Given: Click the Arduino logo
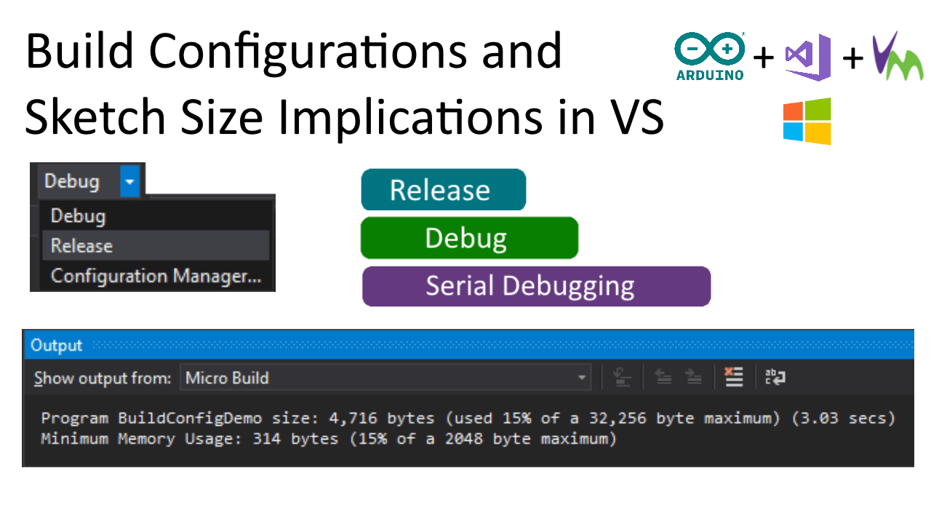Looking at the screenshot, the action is point(710,56).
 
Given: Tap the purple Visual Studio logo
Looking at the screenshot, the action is point(807,57).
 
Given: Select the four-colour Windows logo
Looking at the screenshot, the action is point(807,121).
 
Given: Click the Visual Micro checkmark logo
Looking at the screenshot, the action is point(898,56).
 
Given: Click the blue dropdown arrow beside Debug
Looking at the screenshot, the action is point(129,181).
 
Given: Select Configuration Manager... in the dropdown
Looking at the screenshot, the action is point(156,276).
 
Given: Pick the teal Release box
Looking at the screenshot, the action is point(444,190).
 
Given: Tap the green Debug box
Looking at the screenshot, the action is point(469,238).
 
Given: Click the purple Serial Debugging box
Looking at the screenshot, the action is point(536,286).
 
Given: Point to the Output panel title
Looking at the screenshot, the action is point(57,345).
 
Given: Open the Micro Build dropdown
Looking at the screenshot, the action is point(385,378).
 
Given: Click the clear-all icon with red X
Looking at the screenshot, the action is point(734,377).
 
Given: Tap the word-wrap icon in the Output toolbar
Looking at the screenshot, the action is point(775,377).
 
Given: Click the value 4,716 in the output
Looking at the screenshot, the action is point(353,418).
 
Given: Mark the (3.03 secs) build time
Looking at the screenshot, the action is point(843,418).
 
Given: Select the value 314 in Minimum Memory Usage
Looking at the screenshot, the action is point(267,439).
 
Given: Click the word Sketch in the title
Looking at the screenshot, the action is point(95,117).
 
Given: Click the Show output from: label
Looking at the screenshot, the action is point(103,378).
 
